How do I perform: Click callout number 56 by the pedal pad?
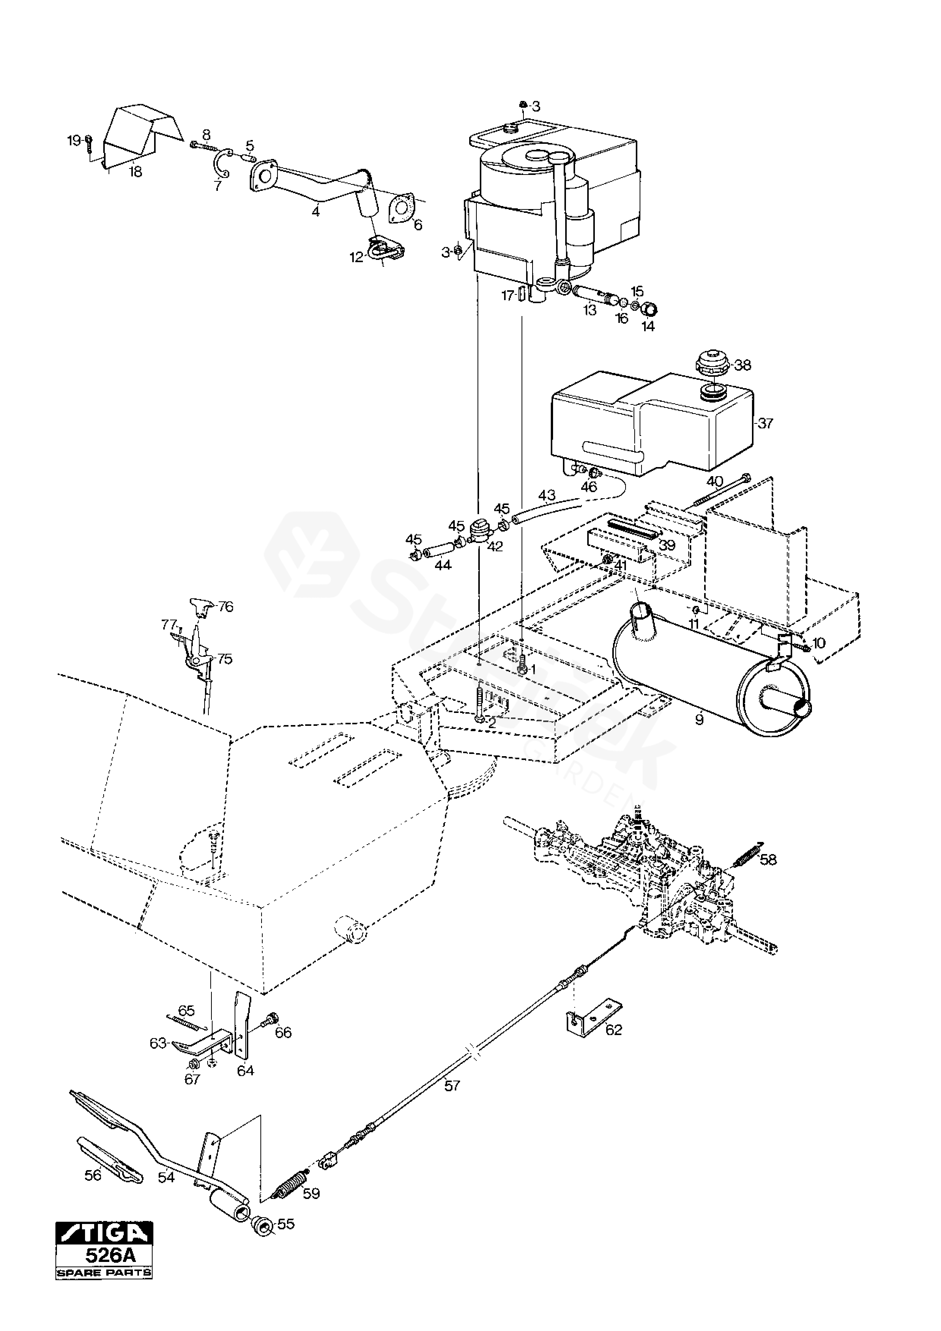coord(93,1175)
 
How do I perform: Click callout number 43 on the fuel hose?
coord(547,496)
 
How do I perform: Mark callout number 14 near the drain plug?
coord(648,326)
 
